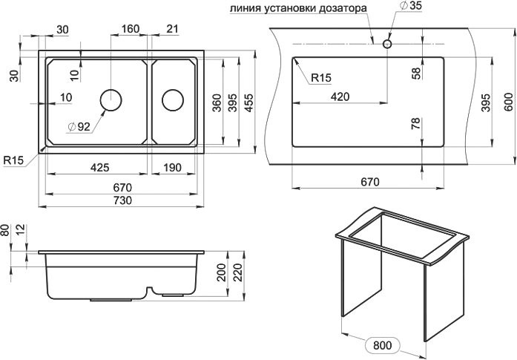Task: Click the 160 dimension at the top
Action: [x=130, y=29]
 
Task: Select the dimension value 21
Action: [x=173, y=29]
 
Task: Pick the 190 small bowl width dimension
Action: [x=171, y=168]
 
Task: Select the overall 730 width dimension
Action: [x=122, y=201]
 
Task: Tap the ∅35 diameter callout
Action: [x=409, y=6]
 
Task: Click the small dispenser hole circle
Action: [x=386, y=44]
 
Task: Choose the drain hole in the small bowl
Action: [x=173, y=99]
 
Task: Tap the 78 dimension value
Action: [x=415, y=124]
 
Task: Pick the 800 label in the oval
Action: [x=383, y=345]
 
